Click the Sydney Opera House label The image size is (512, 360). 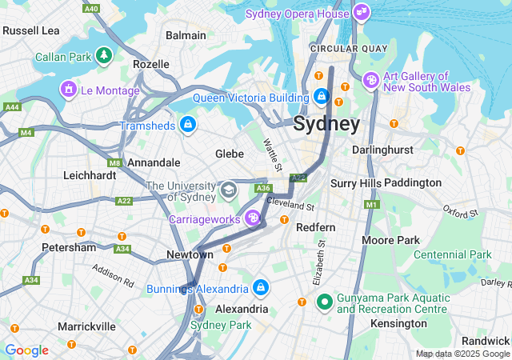click(x=298, y=14)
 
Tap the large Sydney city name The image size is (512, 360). click(x=326, y=124)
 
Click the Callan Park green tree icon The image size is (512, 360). click(x=103, y=55)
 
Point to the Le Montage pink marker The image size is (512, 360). click(x=69, y=88)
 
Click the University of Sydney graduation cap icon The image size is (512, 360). click(x=229, y=190)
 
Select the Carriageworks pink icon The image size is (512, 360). click(x=253, y=218)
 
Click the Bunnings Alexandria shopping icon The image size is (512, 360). click(x=260, y=286)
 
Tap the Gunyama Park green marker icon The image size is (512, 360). click(x=324, y=302)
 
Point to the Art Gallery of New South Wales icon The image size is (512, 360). click(x=371, y=80)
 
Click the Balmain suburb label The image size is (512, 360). click(x=186, y=35)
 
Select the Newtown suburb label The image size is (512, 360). click(x=190, y=254)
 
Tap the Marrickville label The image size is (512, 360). click(x=86, y=326)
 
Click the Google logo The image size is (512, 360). click(x=26, y=350)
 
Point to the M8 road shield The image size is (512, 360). click(x=114, y=162)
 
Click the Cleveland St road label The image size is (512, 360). click(x=291, y=205)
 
